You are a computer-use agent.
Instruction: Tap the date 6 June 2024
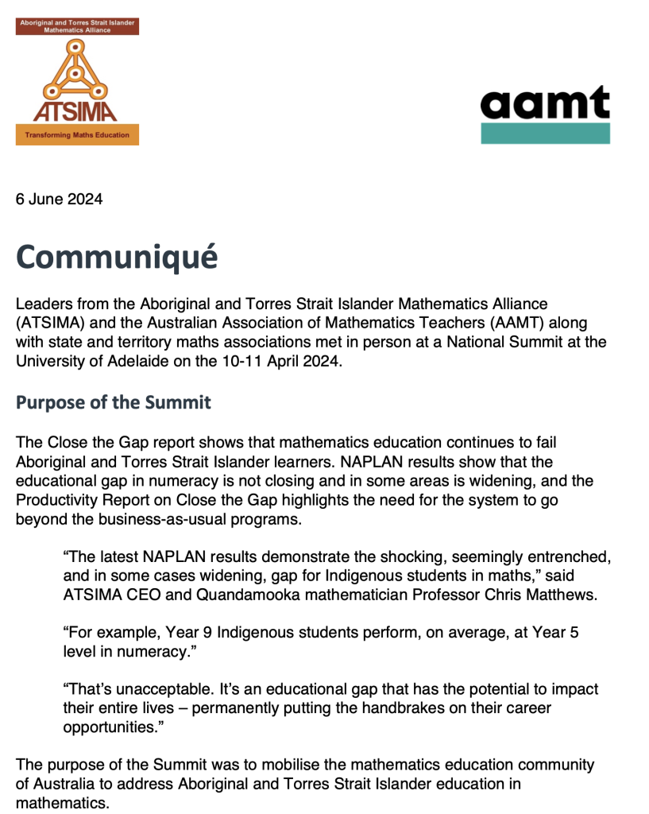click(x=59, y=200)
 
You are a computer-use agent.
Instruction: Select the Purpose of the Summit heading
click(x=114, y=402)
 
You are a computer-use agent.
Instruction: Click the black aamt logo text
click(x=545, y=103)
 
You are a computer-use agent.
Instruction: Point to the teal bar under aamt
click(x=545, y=133)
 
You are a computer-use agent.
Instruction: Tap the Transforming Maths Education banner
click(x=77, y=135)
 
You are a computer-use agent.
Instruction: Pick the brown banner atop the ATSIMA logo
click(x=77, y=26)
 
